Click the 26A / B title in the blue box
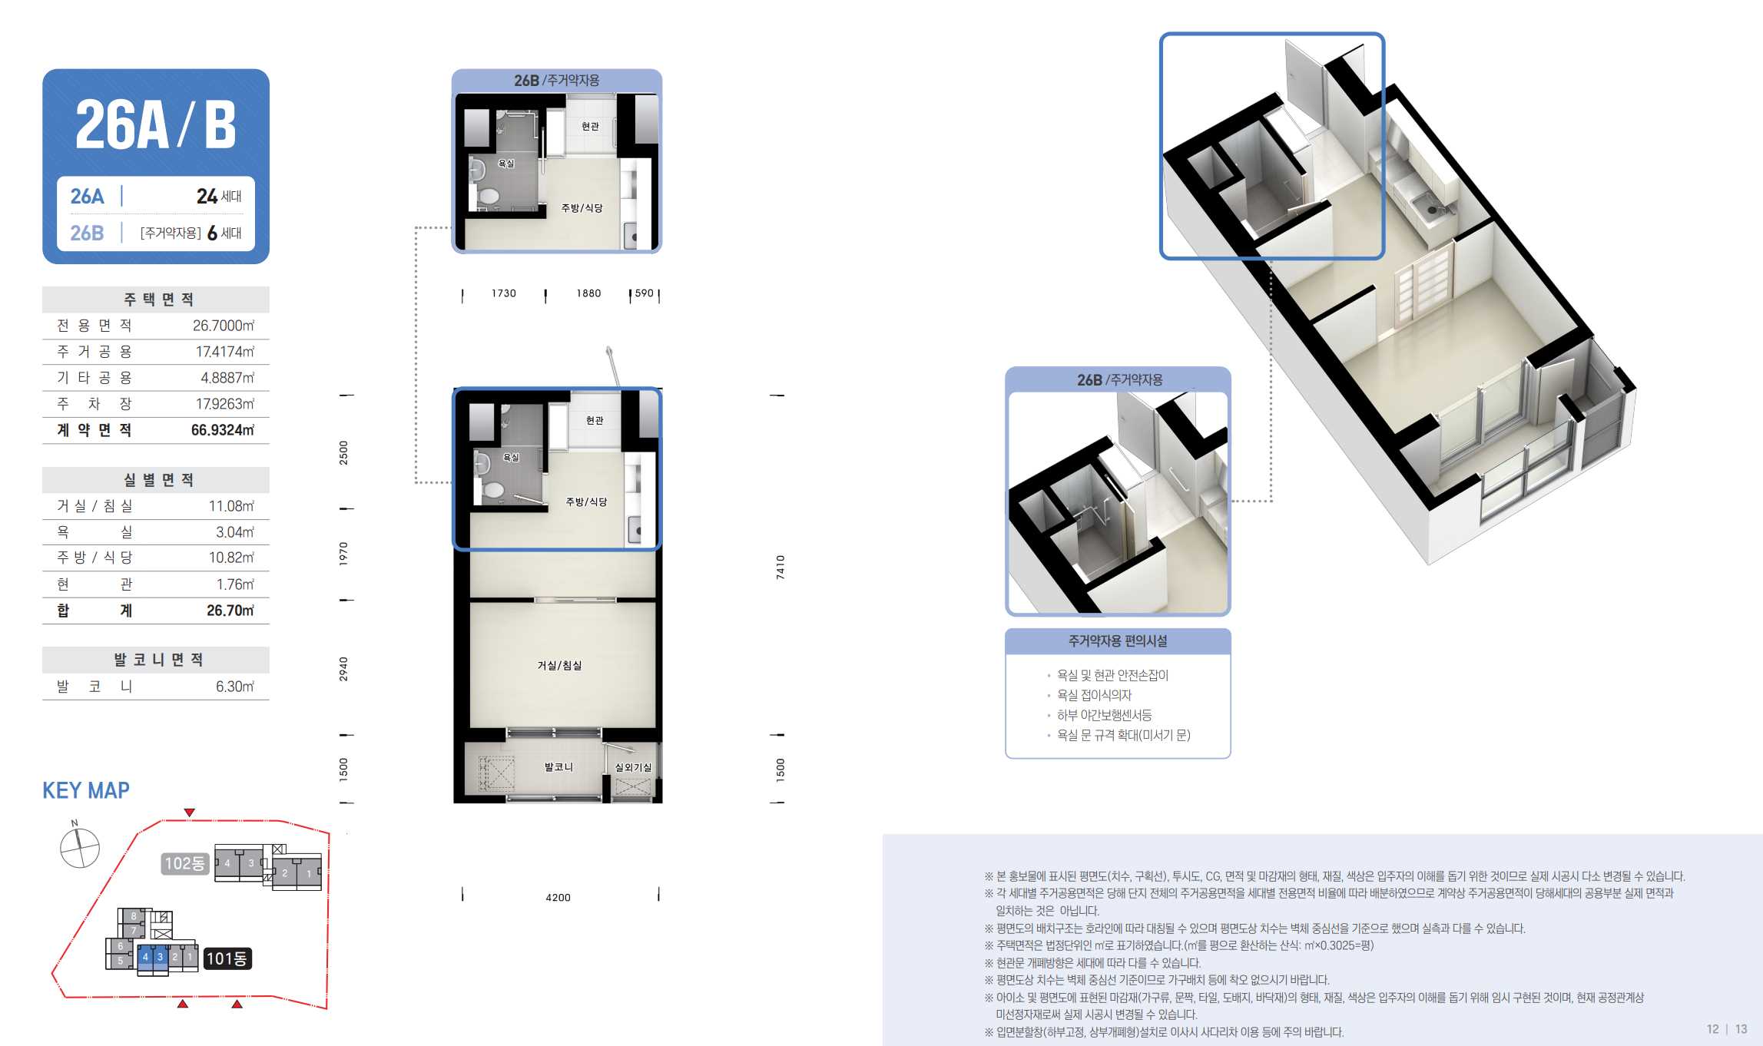click(x=155, y=124)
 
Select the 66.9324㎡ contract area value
click(x=223, y=430)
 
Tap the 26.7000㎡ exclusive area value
click(x=224, y=326)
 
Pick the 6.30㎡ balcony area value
click(x=234, y=687)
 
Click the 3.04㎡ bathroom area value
click(x=234, y=532)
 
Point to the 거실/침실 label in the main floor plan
click(x=559, y=665)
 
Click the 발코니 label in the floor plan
click(x=558, y=767)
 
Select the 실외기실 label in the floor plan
click(x=633, y=767)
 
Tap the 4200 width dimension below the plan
click(x=558, y=897)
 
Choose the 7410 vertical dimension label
click(x=780, y=567)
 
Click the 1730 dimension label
click(x=504, y=293)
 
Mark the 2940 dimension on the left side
click(x=343, y=669)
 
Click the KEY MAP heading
click(x=86, y=790)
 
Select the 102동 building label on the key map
click(x=185, y=863)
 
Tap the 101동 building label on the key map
click(x=227, y=958)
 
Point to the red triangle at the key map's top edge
click(x=190, y=813)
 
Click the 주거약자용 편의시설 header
click(x=1118, y=641)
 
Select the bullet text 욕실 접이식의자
click(x=1094, y=695)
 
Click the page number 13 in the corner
click(x=1741, y=1029)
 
